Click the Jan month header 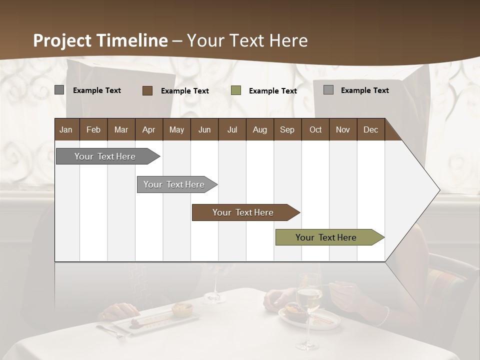click(x=66, y=129)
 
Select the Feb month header click(x=93, y=129)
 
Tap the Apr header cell click(x=149, y=129)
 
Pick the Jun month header click(x=204, y=129)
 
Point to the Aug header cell click(x=260, y=129)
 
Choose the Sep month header click(x=287, y=129)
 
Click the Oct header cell click(x=315, y=129)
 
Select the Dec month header click(x=371, y=129)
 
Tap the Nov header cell click(x=343, y=129)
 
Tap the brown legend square click(x=147, y=90)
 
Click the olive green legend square click(x=236, y=90)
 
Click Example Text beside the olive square click(x=273, y=91)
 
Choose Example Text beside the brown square click(x=185, y=91)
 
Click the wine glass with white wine click(x=308, y=305)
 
